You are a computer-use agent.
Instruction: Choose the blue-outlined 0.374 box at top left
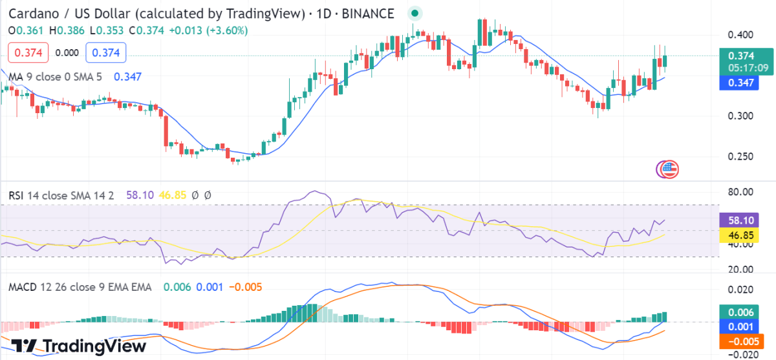[105, 53]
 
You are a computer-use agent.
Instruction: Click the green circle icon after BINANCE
[415, 13]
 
